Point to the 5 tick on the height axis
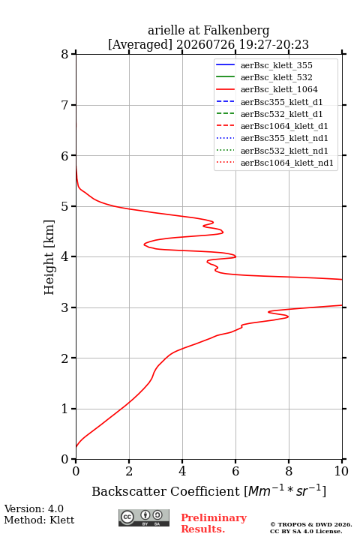pos(73,206)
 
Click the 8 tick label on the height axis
pos(65,55)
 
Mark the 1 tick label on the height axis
pos(65,409)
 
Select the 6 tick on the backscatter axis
pos(235,461)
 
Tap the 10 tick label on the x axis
pos(342,471)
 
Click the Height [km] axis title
pos(49,257)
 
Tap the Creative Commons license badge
pos(144,517)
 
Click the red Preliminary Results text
pos(214,523)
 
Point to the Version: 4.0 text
pos(34,509)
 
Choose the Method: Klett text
pos(39,520)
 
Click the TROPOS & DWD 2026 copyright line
pos(311,524)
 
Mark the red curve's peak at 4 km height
pos(235,256)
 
